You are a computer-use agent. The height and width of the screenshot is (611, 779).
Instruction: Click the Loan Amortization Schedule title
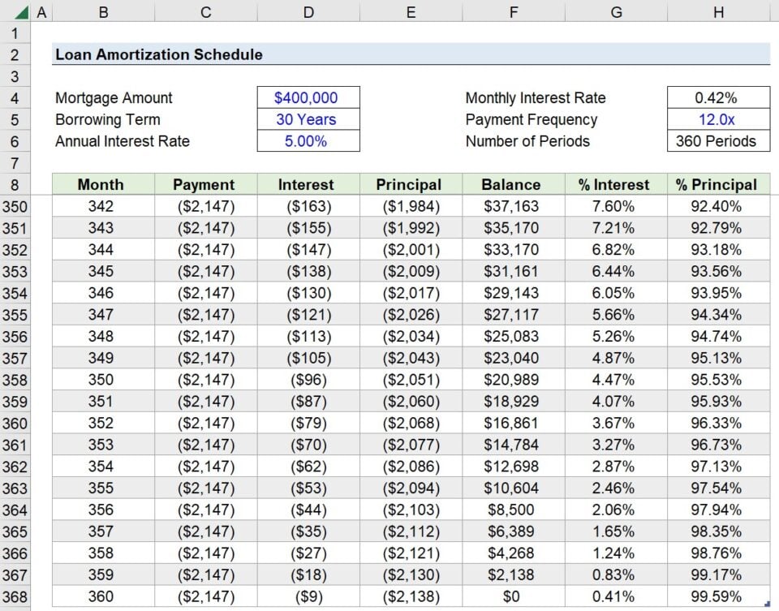pos(159,54)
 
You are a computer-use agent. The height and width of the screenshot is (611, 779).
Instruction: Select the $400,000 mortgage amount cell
pos(306,97)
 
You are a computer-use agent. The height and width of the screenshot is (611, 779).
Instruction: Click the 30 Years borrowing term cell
pos(306,119)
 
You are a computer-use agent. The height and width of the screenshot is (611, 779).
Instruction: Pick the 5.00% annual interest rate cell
pos(306,141)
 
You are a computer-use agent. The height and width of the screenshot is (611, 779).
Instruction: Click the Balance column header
pos(511,184)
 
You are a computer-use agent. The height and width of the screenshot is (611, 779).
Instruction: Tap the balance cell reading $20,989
pos(511,380)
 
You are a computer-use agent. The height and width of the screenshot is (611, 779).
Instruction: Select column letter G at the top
pos(616,12)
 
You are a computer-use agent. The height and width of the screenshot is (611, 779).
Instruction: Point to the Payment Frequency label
pos(531,119)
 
